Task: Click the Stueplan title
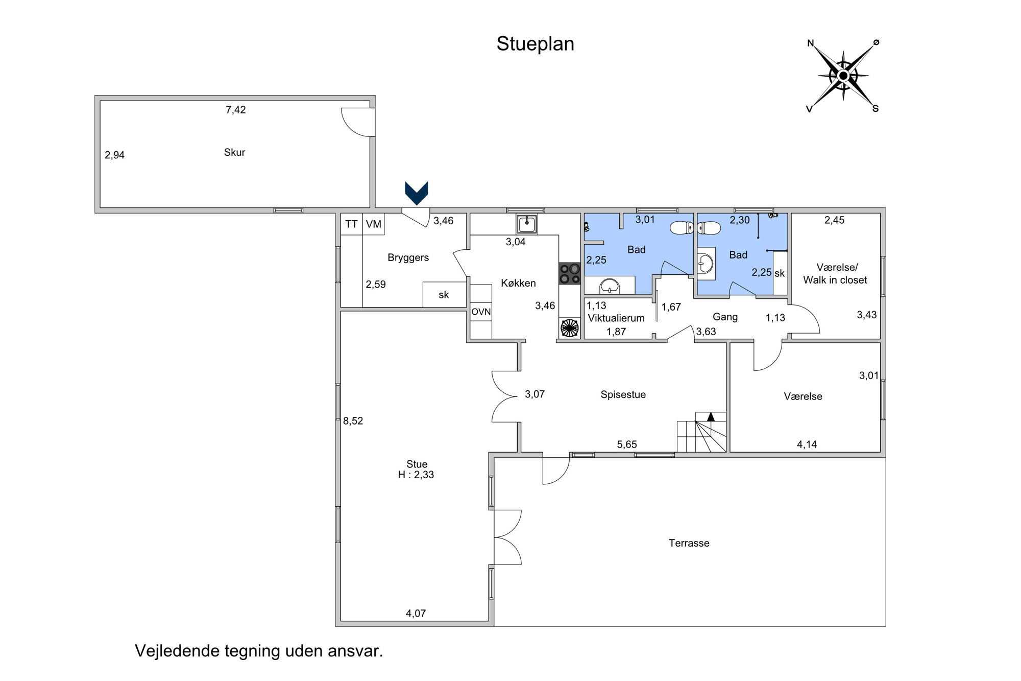[x=535, y=44]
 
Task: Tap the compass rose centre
[x=843, y=76]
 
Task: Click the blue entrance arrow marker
[x=417, y=193]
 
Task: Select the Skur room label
[x=234, y=152]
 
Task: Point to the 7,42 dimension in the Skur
[x=236, y=110]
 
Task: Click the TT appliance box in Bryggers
[x=351, y=224]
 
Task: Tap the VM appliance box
[x=374, y=224]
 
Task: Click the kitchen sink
[x=526, y=224]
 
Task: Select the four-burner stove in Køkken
[x=570, y=273]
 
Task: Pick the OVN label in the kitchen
[x=481, y=312]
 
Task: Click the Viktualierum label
[x=616, y=318]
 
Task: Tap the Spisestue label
[x=623, y=394]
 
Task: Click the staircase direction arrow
[x=711, y=417]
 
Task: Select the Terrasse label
[x=689, y=543]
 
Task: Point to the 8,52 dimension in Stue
[x=353, y=421]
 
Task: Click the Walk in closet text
[x=835, y=280]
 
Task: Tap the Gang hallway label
[x=725, y=317]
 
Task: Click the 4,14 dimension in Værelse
[x=807, y=444]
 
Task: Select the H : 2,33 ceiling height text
[x=416, y=475]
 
